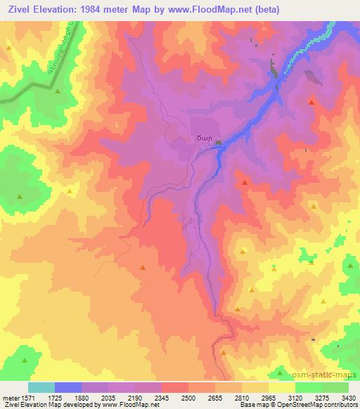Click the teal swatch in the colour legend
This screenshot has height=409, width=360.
[x=41, y=387]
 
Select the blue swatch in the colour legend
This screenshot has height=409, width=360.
[x=68, y=387]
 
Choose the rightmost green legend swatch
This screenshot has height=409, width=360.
[x=335, y=387]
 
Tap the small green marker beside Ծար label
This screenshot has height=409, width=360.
[x=219, y=143]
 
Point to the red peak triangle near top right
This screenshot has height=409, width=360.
[x=311, y=102]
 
